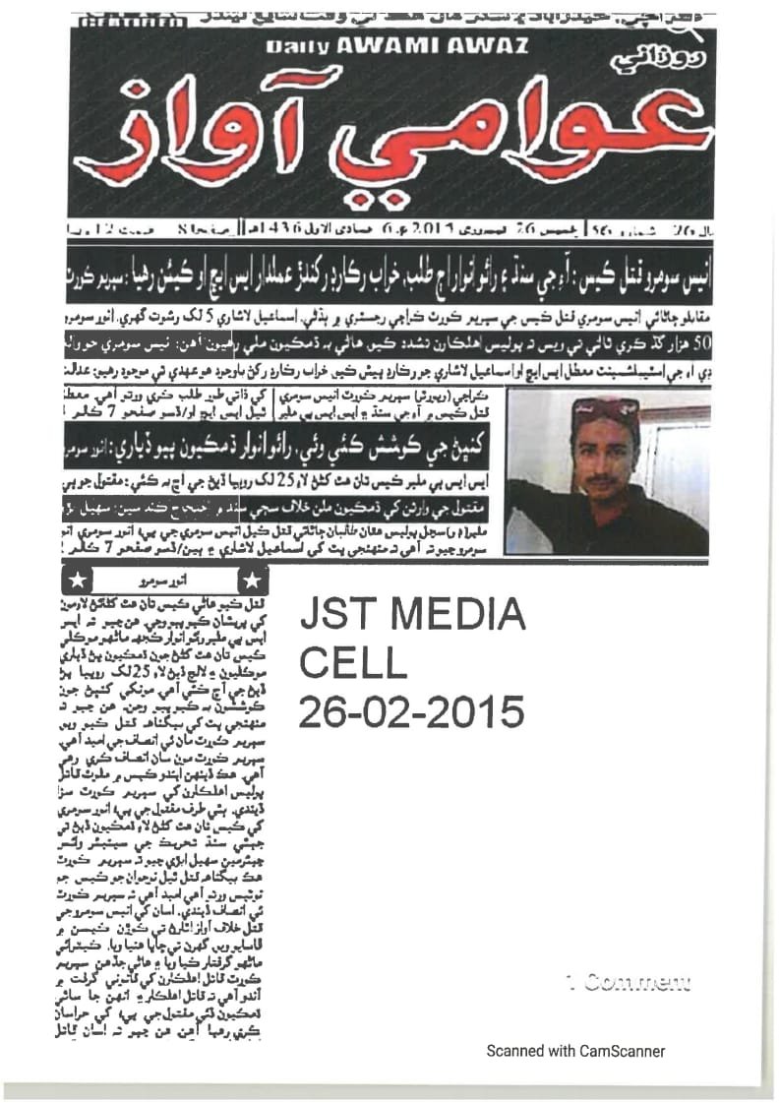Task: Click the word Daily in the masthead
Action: pyautogui.click(x=295, y=46)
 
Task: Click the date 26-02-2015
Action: pyautogui.click(x=412, y=709)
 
